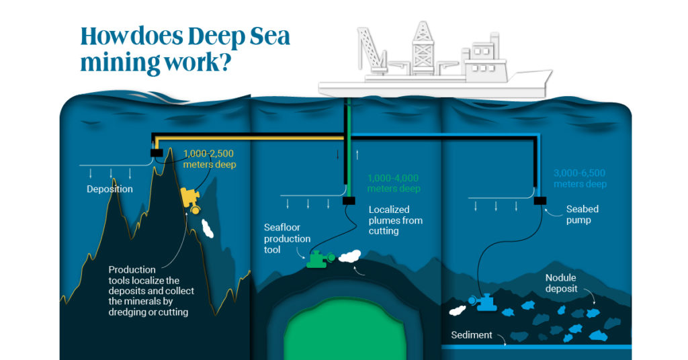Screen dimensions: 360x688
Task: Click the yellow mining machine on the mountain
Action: [x=191, y=199]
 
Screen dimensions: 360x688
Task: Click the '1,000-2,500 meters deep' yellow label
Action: [x=209, y=159]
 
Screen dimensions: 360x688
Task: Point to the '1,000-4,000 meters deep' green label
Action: [x=393, y=183]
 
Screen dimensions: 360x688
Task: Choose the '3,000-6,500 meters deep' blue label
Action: [x=580, y=179]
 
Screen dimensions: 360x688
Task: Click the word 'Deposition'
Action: [x=110, y=189]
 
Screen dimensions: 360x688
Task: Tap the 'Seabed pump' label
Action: [x=582, y=214]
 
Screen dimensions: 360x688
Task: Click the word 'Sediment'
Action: [x=472, y=334]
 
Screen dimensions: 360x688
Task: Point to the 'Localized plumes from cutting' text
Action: [x=396, y=220]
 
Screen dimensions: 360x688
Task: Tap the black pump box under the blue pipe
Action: [x=539, y=199]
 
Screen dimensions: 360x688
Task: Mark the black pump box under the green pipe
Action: [x=348, y=200]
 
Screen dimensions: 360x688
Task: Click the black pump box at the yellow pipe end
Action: [x=157, y=153]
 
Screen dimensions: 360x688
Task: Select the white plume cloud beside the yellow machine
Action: [x=208, y=228]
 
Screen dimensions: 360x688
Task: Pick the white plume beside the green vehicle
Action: [x=350, y=255]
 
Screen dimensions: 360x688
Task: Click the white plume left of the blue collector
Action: [x=459, y=310]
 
